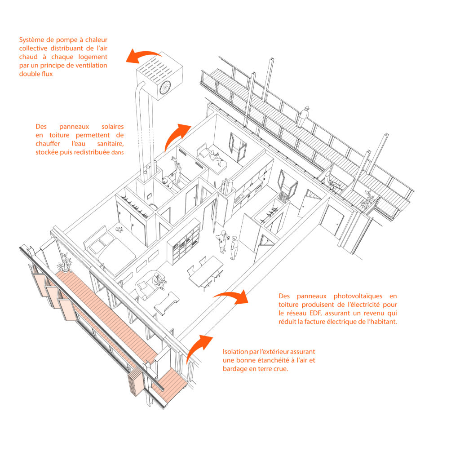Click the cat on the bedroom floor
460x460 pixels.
click(x=120, y=229)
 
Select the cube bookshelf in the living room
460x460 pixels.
click(x=184, y=243)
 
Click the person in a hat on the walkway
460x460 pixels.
click(x=305, y=115)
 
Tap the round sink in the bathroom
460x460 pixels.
click(x=165, y=180)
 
